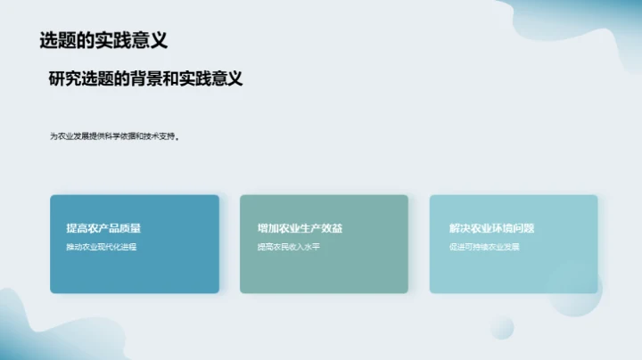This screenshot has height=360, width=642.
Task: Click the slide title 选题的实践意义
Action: (103, 40)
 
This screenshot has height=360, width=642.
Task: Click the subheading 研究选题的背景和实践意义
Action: (146, 78)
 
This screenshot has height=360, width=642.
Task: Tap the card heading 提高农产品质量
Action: (103, 228)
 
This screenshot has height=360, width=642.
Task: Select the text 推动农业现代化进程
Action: (101, 246)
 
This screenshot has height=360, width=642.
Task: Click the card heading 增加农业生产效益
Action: (300, 228)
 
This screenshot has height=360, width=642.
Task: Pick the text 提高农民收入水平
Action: (288, 246)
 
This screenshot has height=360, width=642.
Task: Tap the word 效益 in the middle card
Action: (331, 228)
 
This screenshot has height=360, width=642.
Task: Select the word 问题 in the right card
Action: (523, 228)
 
